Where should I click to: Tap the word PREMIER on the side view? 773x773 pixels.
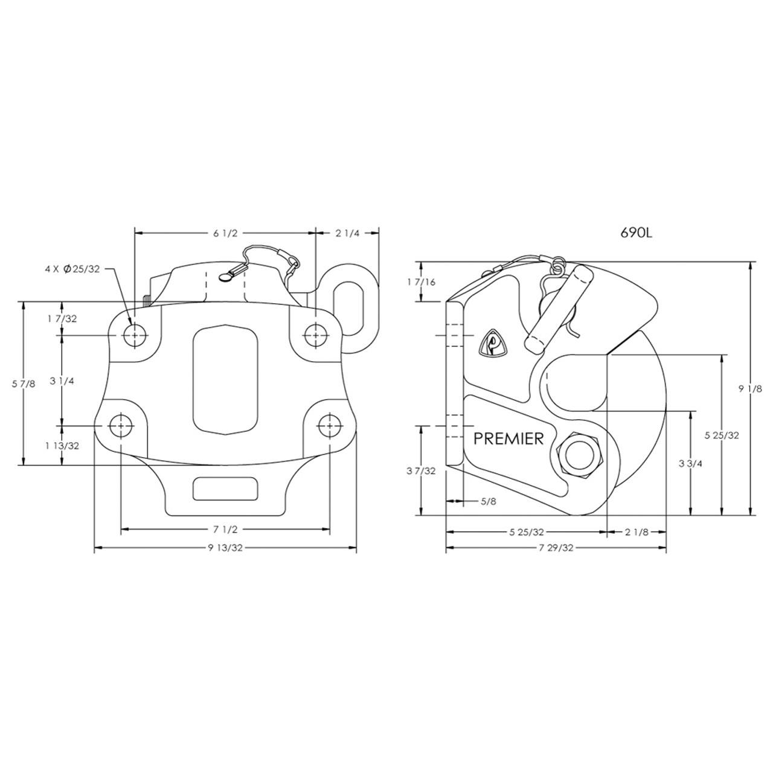coord(508,438)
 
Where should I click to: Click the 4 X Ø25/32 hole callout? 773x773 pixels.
coord(72,269)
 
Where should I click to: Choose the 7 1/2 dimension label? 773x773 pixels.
coord(224,530)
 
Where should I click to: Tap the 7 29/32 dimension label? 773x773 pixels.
coord(555,548)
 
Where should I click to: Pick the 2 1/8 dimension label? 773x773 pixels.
coord(637,532)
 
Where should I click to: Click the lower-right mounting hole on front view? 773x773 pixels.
coord(329,425)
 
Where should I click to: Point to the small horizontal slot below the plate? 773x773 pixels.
coord(224,488)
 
